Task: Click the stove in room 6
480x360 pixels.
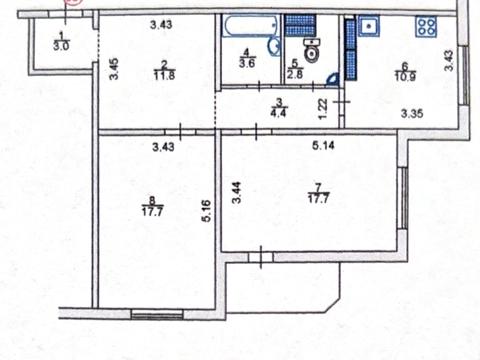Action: tap(429, 27)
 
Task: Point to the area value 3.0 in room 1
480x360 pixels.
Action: tap(60, 46)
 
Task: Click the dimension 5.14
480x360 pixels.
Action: tap(322, 147)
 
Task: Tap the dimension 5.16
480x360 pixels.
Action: tap(206, 211)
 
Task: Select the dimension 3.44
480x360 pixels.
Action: tap(237, 193)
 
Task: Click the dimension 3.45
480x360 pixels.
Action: tap(112, 71)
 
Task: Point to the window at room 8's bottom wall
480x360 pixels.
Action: tap(158, 314)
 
